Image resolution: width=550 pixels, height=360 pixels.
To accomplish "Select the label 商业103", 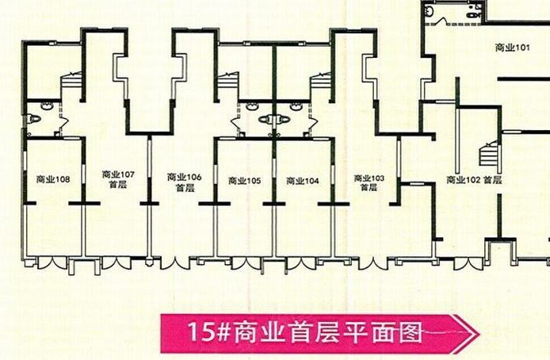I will (x=369, y=178).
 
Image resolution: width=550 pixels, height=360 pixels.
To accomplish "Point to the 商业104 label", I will (x=302, y=181).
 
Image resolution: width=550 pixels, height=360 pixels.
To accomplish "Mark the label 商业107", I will (x=119, y=174).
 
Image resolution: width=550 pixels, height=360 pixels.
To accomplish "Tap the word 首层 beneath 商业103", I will (x=369, y=188).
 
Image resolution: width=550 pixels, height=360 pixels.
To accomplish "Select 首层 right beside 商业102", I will (x=491, y=180).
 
